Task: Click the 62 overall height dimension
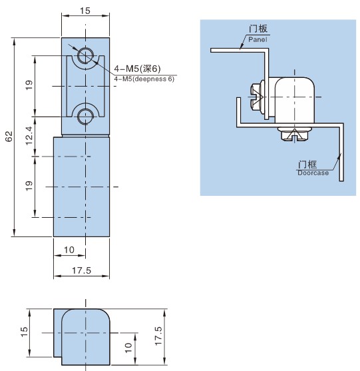pyautogui.click(x=9, y=136)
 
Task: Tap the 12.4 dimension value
pyautogui.click(x=29, y=136)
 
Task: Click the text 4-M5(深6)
pyautogui.click(x=137, y=69)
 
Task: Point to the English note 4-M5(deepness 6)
pyautogui.click(x=144, y=79)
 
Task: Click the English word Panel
pyautogui.click(x=258, y=39)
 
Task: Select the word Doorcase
pyautogui.click(x=313, y=173)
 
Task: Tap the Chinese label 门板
pyautogui.click(x=258, y=29)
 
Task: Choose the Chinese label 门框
pyautogui.click(x=307, y=165)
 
